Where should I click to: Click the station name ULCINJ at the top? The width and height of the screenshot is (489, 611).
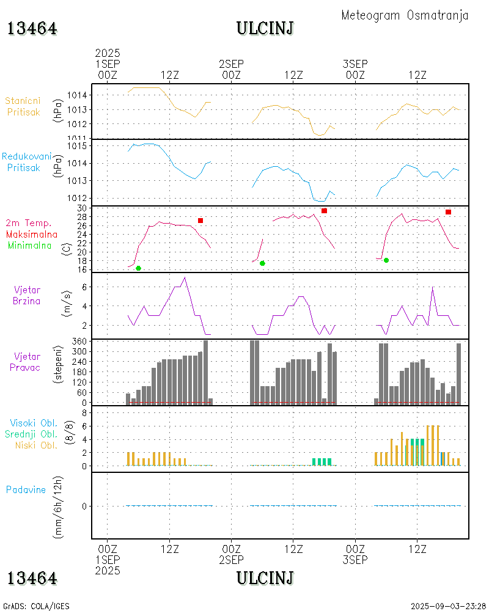click(265, 28)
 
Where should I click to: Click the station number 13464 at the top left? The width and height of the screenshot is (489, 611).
click(32, 29)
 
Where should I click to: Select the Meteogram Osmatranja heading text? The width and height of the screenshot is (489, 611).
click(405, 15)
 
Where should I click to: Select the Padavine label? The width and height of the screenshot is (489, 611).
click(26, 489)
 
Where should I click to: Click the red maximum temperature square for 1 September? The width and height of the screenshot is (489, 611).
click(200, 220)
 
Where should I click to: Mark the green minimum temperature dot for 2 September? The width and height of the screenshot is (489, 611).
click(262, 263)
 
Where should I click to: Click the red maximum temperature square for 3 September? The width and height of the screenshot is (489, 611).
click(448, 212)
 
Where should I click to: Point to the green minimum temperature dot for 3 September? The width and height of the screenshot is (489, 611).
click(386, 260)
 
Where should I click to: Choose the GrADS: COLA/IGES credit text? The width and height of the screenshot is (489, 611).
click(36, 606)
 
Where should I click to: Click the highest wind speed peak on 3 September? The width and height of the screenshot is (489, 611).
click(433, 287)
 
